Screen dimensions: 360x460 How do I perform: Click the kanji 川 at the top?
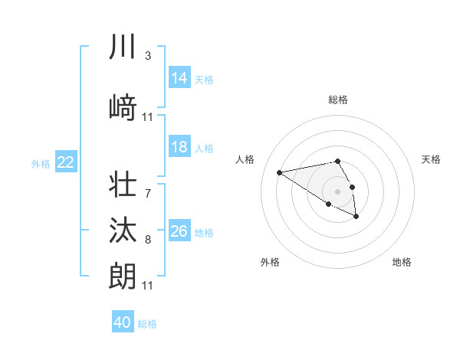coord(123,47)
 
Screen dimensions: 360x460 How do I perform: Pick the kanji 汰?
coord(123,231)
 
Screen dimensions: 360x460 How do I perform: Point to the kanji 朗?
coord(123,276)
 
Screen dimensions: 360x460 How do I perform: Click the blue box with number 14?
coord(179,78)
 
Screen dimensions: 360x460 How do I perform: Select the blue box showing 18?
coord(179,148)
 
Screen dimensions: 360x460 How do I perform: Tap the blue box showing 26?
coord(179,231)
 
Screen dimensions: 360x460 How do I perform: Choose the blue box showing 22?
coord(66,162)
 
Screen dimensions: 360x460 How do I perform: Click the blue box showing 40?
coord(123,322)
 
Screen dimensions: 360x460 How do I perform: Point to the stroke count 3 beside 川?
coord(148,56)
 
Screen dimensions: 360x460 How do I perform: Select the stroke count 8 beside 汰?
coord(148,240)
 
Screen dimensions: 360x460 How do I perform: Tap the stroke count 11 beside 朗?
coord(148,286)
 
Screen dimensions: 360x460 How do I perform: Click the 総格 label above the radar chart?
coord(338,100)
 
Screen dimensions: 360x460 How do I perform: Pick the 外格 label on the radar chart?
coord(270,262)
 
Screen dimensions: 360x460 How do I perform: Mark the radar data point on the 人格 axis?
coord(280,172)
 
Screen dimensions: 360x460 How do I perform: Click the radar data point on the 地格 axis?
coord(356,217)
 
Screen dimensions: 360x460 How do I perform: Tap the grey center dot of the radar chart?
coord(338,191)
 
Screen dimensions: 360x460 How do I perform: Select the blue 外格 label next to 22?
coord(41,163)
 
